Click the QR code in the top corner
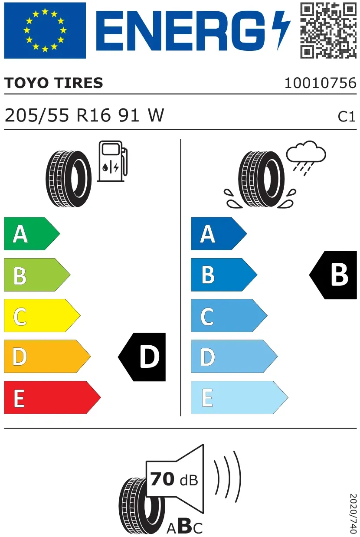328,31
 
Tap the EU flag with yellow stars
45,30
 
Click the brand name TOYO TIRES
54,83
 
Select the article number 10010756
321,83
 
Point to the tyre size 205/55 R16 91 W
85,115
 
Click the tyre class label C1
347,117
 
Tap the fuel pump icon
112,161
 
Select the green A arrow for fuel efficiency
32,234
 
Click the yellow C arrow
42,315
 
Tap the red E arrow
52,397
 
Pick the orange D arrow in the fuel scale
47,356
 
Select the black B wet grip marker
333,275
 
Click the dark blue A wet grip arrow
219,234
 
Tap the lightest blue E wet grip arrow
239,397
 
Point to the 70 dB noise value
174,479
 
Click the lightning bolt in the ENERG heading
281,30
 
